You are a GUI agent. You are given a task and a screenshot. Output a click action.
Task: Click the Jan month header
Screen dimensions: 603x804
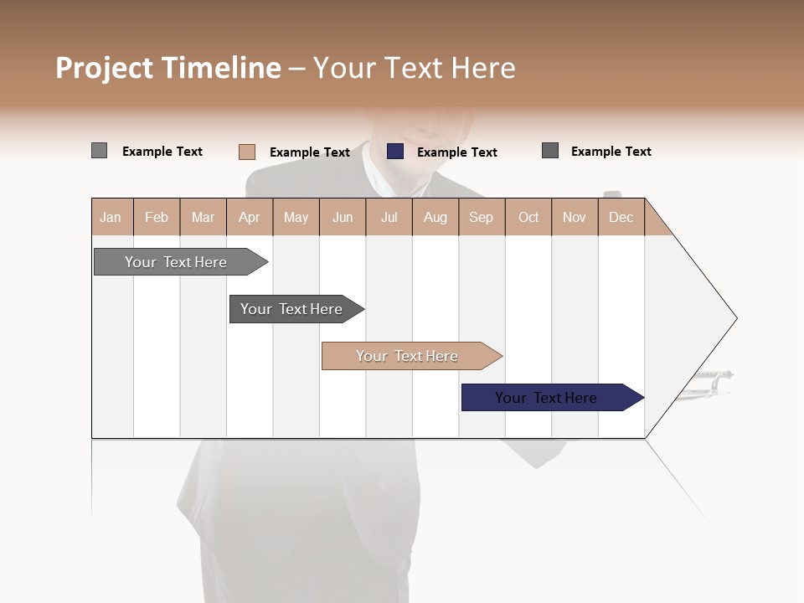click(111, 217)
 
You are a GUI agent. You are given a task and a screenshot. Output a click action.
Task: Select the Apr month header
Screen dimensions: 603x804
click(249, 217)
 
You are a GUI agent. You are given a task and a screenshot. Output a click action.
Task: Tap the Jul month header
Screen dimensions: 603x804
click(389, 217)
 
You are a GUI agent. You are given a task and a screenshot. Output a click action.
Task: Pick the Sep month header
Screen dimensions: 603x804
click(481, 217)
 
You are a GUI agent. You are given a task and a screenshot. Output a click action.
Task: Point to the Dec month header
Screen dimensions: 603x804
click(621, 217)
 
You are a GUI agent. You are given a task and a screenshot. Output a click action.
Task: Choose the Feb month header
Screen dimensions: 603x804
click(157, 217)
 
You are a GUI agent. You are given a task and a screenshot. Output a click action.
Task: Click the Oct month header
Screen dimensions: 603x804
click(528, 217)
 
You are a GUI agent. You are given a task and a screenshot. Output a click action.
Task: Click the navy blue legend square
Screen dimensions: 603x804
click(395, 152)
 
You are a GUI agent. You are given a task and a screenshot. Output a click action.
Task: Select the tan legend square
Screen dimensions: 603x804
click(246, 152)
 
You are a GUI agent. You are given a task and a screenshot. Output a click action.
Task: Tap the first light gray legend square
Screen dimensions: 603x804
click(99, 151)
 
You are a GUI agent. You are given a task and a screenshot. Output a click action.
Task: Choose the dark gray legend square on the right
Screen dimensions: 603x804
click(550, 151)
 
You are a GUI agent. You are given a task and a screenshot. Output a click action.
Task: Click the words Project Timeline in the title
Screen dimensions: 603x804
click(168, 68)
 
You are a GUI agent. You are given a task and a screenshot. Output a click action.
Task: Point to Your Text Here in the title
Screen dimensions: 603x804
click(414, 68)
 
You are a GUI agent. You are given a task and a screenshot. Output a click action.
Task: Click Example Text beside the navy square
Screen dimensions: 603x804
click(456, 152)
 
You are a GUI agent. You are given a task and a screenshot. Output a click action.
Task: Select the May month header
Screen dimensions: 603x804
click(296, 217)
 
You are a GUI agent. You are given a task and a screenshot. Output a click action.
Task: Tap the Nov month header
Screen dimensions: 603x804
click(575, 217)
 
